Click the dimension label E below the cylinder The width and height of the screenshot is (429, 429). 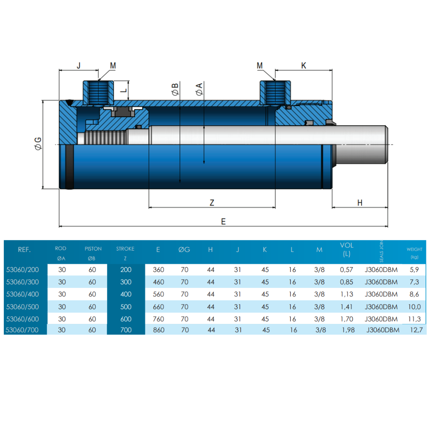(223, 221)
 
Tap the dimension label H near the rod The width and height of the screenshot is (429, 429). (360, 202)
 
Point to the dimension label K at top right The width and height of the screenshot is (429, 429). (304, 66)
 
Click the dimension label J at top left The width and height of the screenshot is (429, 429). (79, 66)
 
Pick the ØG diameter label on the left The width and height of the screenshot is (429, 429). (38, 144)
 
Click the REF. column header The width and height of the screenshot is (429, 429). (24, 249)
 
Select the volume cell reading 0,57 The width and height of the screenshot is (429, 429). (346, 270)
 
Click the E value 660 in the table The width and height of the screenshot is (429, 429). (158, 306)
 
